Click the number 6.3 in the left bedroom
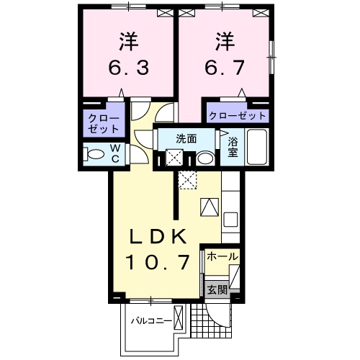(x=130, y=69)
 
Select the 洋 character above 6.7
(x=224, y=40)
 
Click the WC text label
(x=114, y=153)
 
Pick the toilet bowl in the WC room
(x=91, y=153)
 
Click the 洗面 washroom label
(x=186, y=139)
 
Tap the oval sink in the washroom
(x=204, y=158)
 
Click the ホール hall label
(x=223, y=256)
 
